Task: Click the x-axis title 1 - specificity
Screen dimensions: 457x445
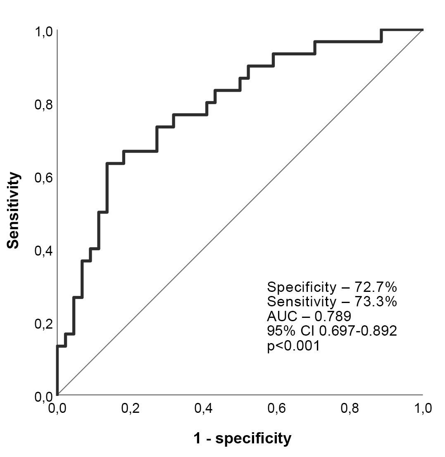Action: (243, 438)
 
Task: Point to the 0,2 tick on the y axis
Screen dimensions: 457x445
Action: (44, 323)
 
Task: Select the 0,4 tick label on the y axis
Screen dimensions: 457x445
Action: (44, 250)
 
